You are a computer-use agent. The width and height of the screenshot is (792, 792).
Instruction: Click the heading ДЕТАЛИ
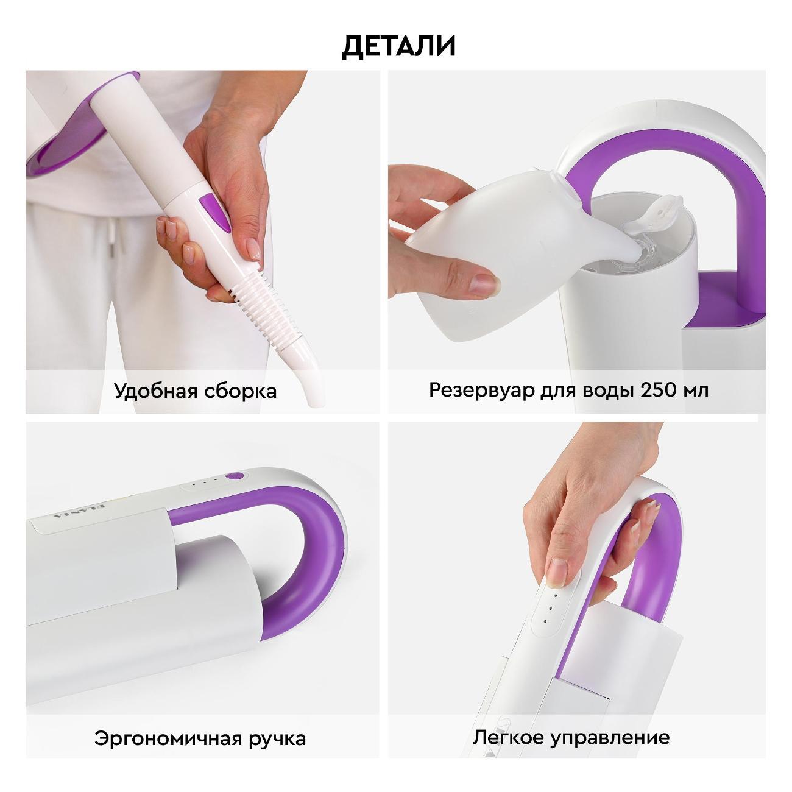coord(398,46)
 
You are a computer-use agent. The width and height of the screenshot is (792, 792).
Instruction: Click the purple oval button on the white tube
coord(216,211)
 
